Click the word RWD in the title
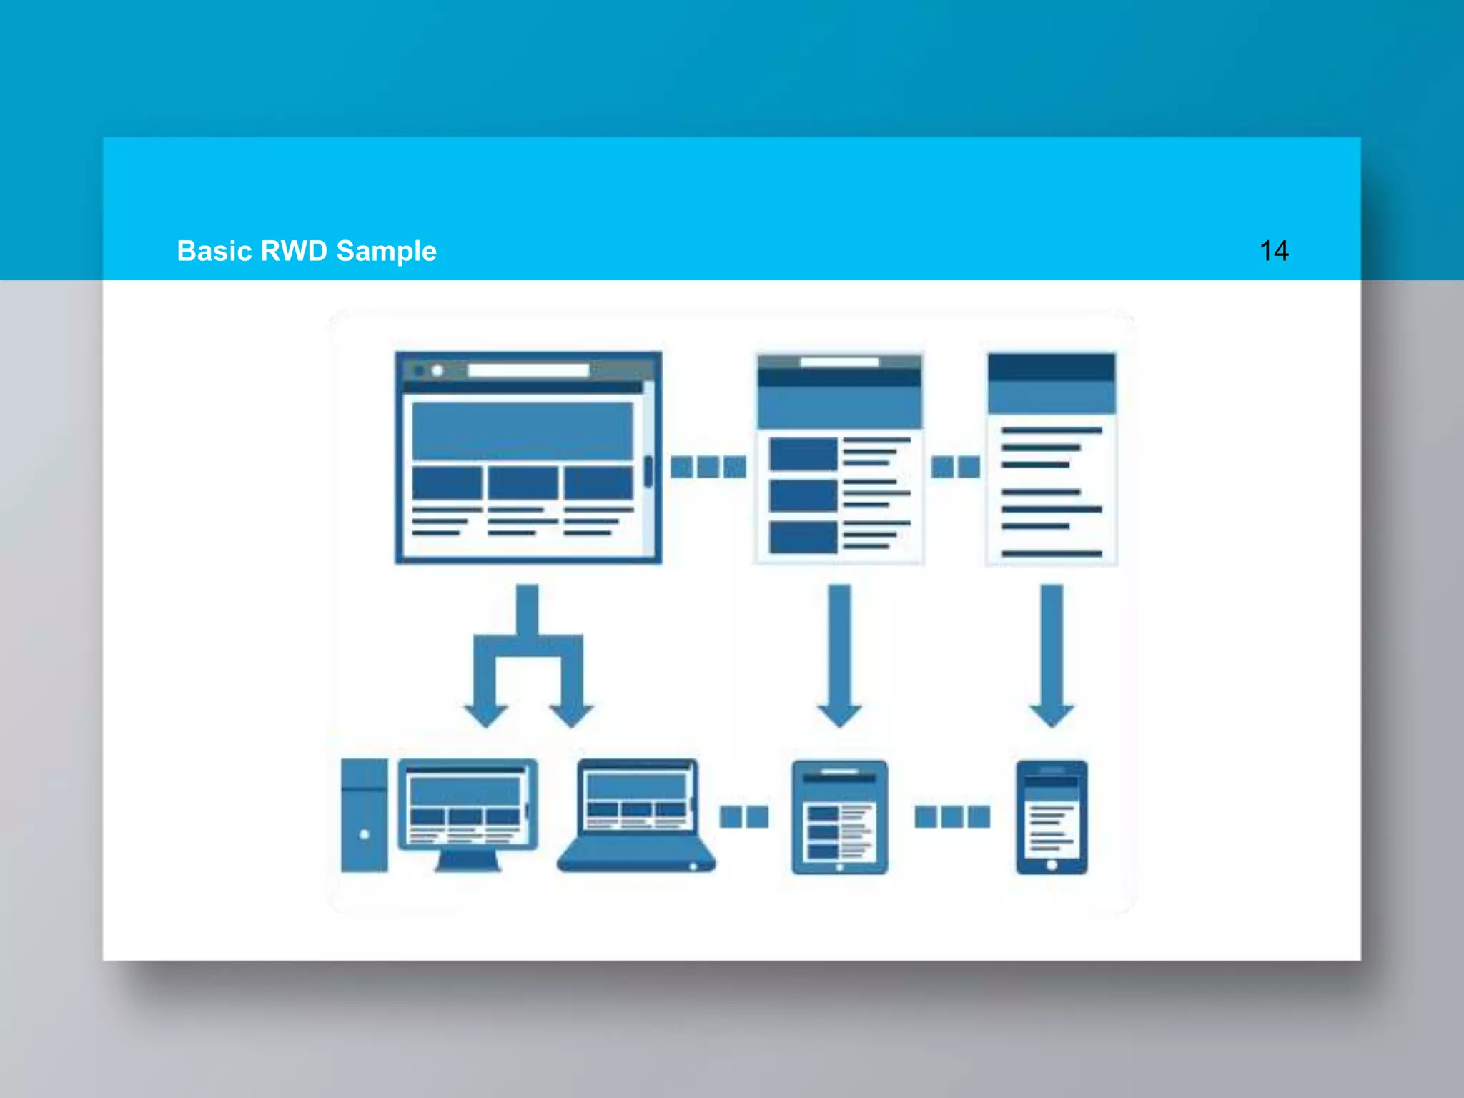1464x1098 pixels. coord(294,251)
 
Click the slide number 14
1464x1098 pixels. coord(1273,251)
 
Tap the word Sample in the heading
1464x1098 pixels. coord(386,251)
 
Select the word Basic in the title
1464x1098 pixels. coord(214,251)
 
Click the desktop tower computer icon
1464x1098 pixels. coord(364,815)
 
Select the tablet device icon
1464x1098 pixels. coord(839,816)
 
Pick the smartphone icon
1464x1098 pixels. coord(1052,816)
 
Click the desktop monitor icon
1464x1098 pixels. coord(468,806)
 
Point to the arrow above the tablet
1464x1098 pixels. coord(839,654)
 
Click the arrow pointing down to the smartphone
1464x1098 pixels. coord(1052,654)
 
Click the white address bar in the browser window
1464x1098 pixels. coord(528,370)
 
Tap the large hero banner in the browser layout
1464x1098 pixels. coord(523,430)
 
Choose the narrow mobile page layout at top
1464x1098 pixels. coord(1052,457)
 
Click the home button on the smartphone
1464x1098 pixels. coord(1052,865)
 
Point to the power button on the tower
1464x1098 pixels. coord(365,834)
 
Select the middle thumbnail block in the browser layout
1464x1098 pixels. coord(523,483)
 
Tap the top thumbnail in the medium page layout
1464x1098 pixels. coord(803,454)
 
